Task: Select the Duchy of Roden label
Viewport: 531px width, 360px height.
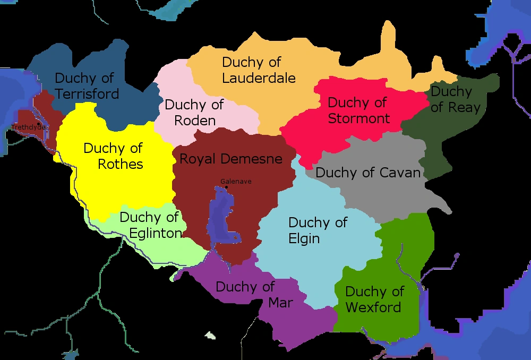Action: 194,112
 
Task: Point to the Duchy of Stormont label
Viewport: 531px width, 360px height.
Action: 358,110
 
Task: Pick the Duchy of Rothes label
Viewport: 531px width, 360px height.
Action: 113,156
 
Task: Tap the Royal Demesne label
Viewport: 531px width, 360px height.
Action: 231,159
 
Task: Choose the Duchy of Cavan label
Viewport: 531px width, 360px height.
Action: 368,173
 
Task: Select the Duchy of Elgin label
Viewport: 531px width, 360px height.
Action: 318,230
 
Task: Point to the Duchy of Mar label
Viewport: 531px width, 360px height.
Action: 245,294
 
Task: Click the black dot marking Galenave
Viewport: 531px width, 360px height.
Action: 227,187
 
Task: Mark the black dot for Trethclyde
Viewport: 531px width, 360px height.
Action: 39,124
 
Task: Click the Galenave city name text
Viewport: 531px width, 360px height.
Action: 236,181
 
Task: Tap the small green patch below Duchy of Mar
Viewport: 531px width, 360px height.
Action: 211,336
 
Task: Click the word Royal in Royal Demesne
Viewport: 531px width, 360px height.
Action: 199,159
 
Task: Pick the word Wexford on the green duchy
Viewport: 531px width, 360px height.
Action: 373,307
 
